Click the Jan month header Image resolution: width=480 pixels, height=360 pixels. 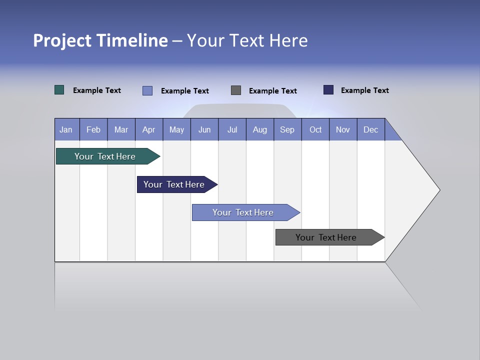pos(66,129)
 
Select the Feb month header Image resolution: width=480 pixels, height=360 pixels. pos(93,129)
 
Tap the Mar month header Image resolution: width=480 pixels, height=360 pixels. pos(121,129)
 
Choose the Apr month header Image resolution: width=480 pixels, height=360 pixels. pos(149,129)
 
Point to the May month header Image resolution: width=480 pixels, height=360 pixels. pos(176,129)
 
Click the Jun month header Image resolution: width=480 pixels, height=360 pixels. pos(204,129)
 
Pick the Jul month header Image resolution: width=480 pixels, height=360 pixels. pos(232,129)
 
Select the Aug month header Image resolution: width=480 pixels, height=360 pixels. pos(260,129)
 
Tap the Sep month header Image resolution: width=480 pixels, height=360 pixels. pos(287,129)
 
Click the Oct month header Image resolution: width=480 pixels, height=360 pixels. pos(315,129)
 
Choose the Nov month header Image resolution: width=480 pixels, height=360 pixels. pos(343,129)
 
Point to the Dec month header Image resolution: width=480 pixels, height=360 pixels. pos(371,129)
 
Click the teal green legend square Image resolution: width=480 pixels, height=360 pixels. pos(59,90)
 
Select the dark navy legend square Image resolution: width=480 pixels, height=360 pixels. pos(328,90)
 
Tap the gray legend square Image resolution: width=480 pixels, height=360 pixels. pos(236,90)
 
